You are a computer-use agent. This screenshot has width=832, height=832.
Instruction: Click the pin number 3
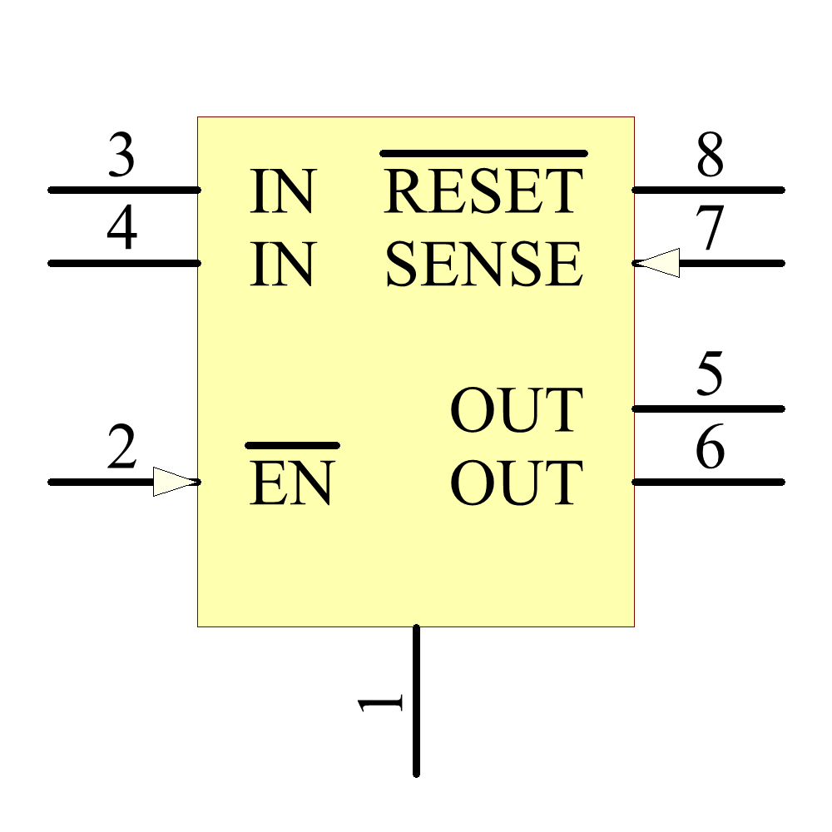(x=121, y=156)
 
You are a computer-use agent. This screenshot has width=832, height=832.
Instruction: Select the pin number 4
(x=121, y=230)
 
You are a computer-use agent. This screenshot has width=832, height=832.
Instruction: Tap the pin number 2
(x=121, y=449)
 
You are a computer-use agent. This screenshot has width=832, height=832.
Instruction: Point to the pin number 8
(x=710, y=156)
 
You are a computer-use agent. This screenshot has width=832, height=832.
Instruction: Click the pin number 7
(x=710, y=230)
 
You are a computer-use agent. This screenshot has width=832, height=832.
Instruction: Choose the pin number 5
(x=710, y=375)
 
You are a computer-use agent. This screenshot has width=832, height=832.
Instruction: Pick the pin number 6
(x=710, y=449)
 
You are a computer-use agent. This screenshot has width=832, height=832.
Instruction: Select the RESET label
(x=483, y=191)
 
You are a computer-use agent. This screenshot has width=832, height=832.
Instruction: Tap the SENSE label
(x=483, y=265)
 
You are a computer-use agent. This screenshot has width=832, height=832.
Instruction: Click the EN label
(x=291, y=483)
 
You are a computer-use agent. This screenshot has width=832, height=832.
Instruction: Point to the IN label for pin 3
(x=283, y=191)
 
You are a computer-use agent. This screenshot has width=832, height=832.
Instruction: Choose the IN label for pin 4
(x=283, y=265)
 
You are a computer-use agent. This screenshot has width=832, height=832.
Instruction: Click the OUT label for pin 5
(x=516, y=410)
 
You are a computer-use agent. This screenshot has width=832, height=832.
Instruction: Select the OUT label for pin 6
(x=516, y=483)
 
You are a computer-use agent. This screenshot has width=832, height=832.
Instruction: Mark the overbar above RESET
(x=483, y=153)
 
